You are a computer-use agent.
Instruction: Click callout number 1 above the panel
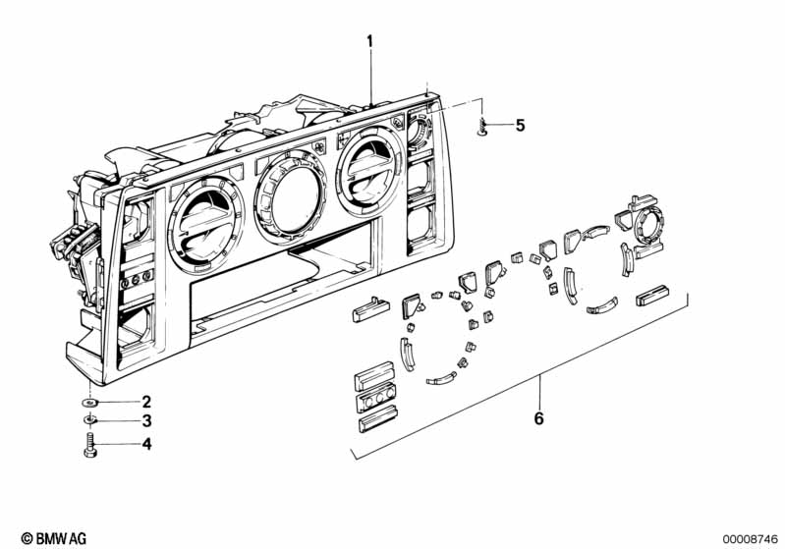[370, 42]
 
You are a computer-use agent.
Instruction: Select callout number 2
[146, 402]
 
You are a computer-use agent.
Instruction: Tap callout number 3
[146, 422]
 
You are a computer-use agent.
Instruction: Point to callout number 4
[146, 444]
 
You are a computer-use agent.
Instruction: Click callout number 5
[520, 125]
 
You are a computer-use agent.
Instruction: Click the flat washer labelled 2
[90, 402]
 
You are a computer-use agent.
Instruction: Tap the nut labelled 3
[90, 421]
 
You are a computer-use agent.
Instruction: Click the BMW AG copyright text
[46, 538]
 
